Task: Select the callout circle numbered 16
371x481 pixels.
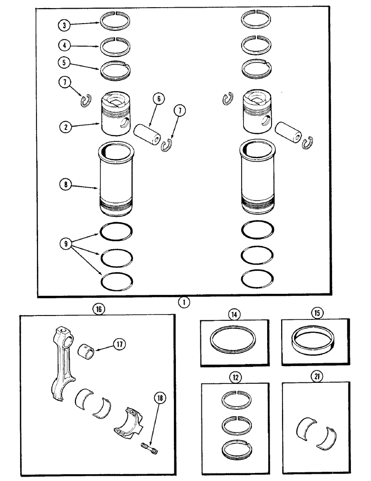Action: point(99,309)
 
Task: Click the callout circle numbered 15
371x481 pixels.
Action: point(317,313)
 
